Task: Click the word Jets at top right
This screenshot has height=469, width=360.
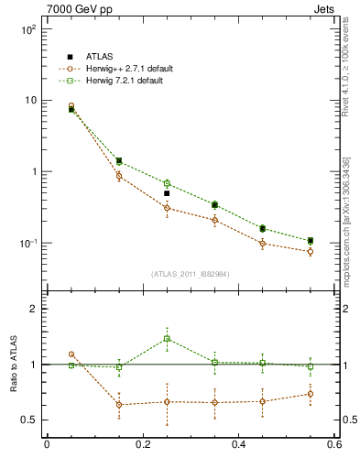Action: pos(325,8)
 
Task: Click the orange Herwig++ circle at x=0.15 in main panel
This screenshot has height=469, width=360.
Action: pos(119,176)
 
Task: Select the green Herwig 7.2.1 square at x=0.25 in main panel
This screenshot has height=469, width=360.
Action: pos(167,183)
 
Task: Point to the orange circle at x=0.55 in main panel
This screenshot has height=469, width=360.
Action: pos(311,252)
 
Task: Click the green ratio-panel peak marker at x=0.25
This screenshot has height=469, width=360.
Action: pos(167,339)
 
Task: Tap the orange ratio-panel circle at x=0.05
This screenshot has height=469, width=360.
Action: pos(71,354)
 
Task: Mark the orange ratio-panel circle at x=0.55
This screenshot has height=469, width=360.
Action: pos(311,394)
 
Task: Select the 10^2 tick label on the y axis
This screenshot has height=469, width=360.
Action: pos(28,29)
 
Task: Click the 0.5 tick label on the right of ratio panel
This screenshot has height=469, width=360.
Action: pos(349,420)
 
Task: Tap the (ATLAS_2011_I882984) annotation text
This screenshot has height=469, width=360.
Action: pos(190,274)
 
